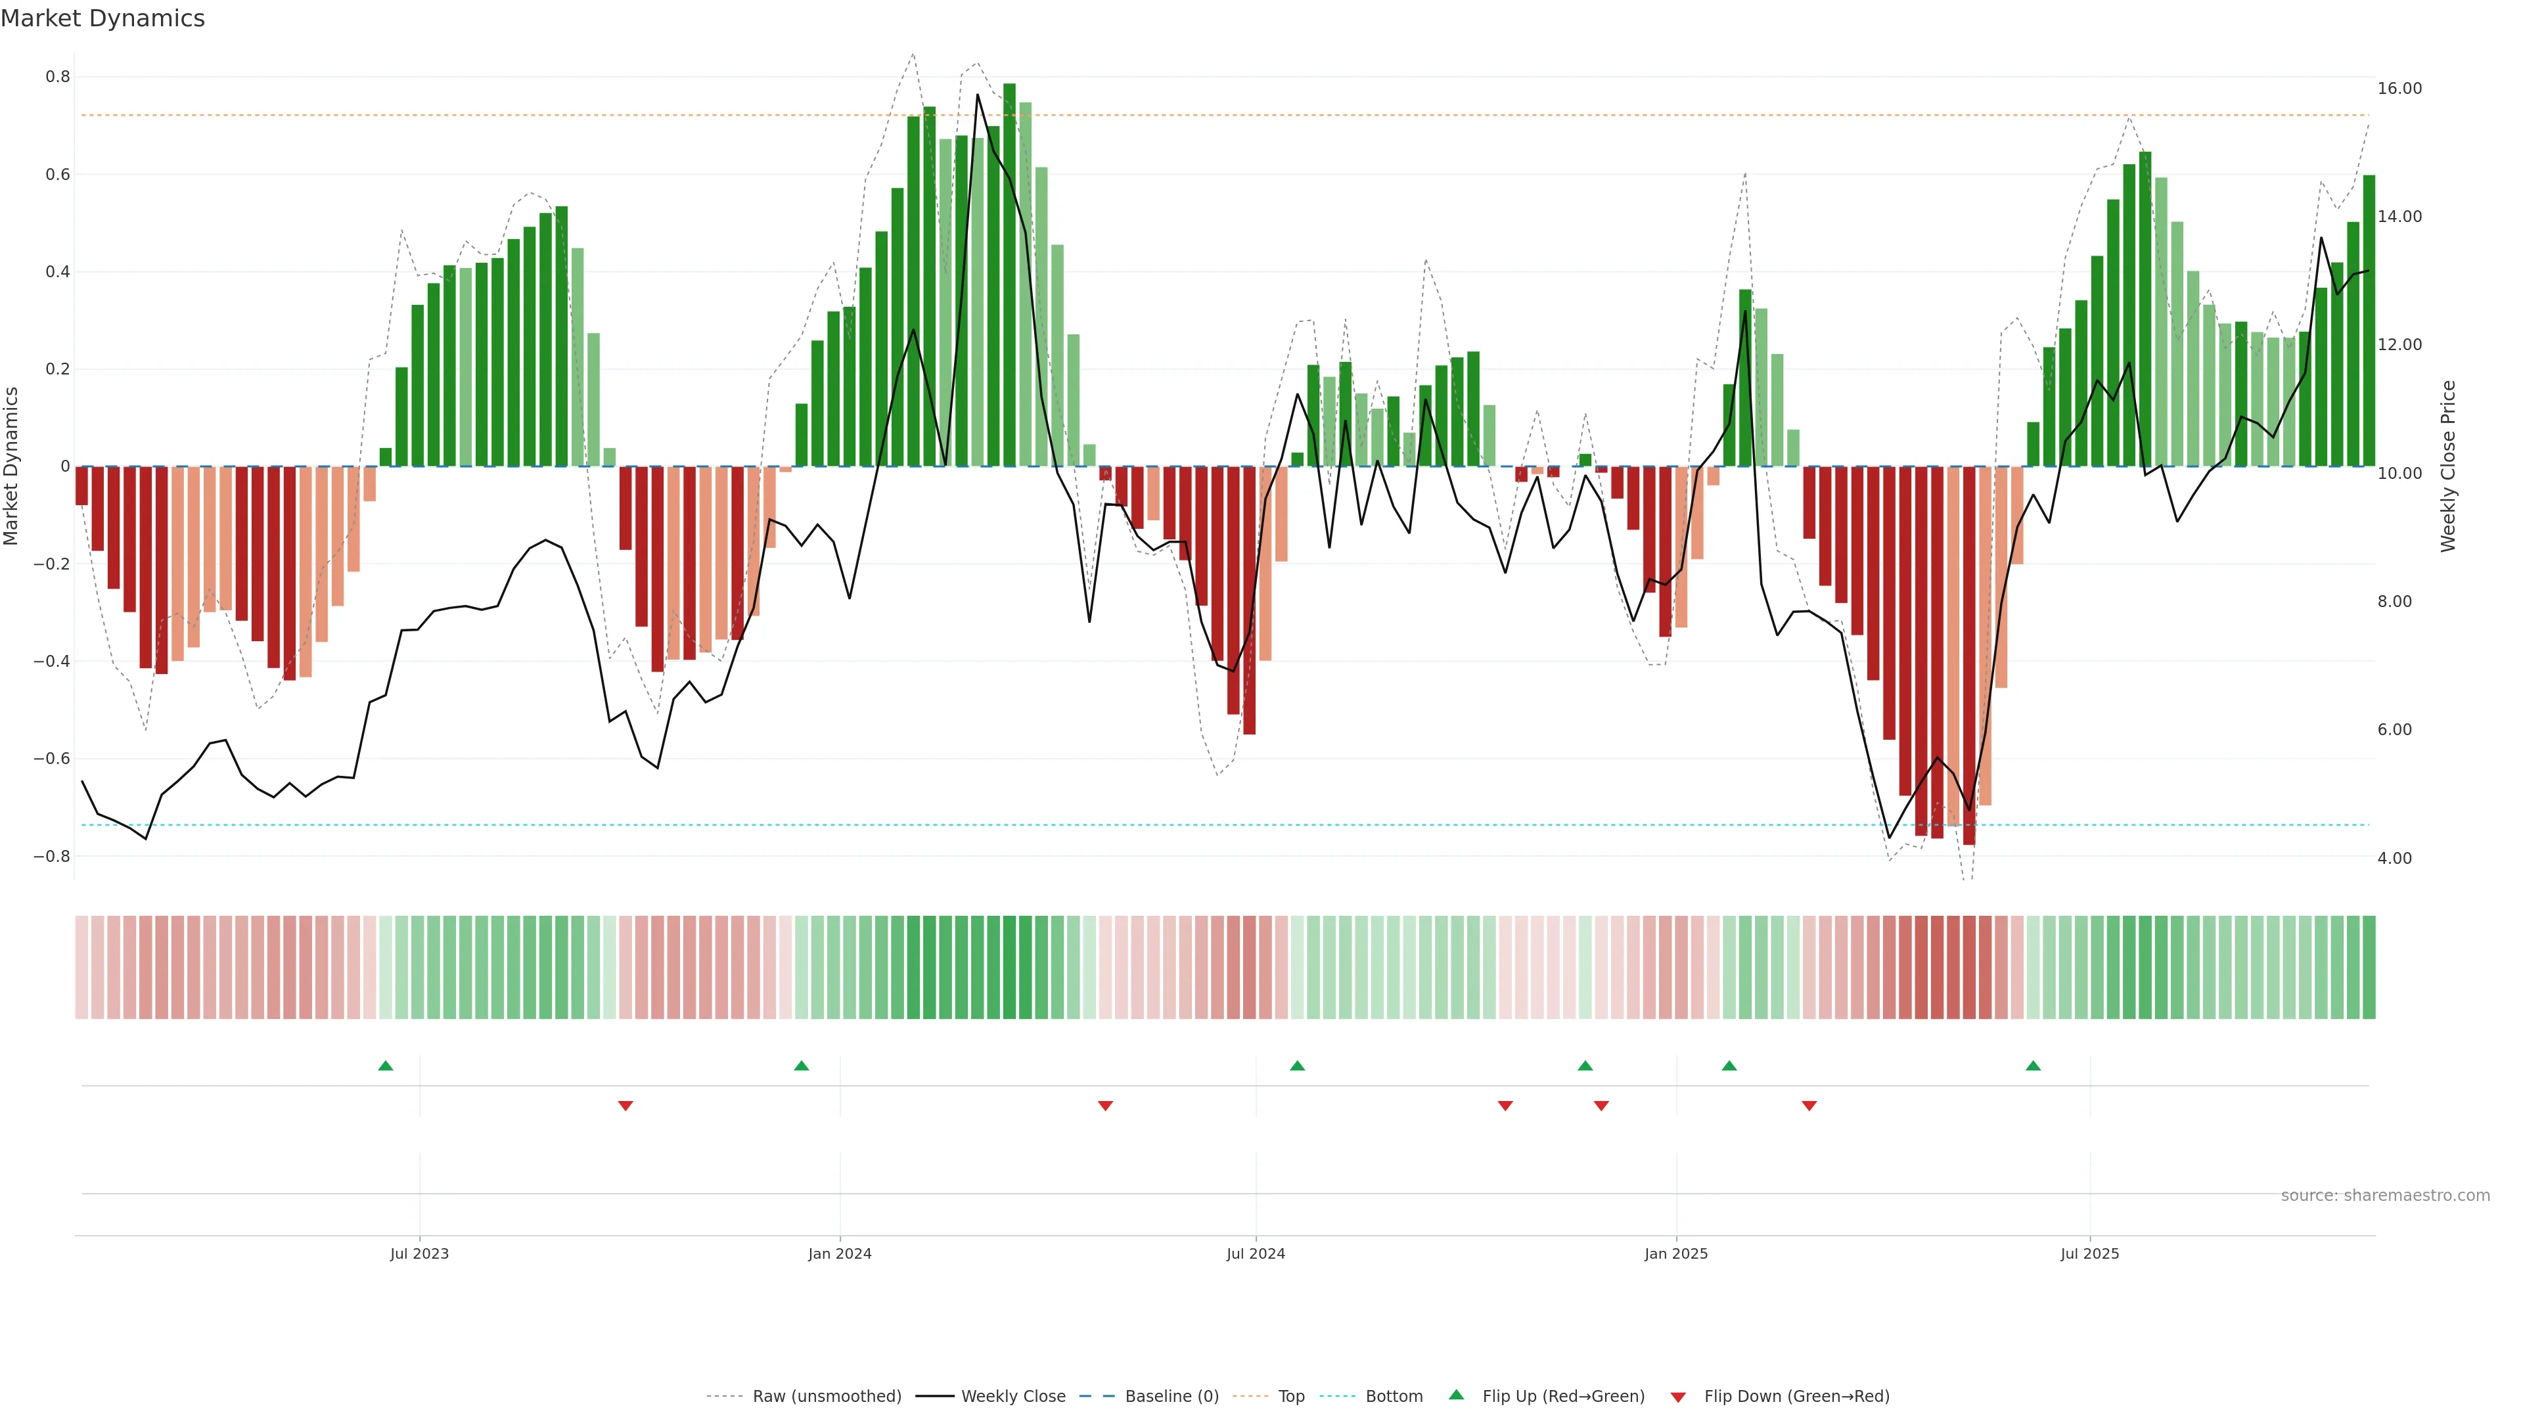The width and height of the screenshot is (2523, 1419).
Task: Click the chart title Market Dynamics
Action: pyautogui.click(x=103, y=18)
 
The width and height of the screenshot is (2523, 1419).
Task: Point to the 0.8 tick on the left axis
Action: pyautogui.click(x=58, y=78)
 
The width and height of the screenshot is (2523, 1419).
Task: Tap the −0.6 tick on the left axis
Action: pyautogui.click(x=52, y=759)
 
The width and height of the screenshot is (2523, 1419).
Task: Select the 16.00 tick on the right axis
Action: pyautogui.click(x=2399, y=88)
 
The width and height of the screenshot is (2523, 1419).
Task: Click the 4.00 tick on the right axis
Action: pyautogui.click(x=2395, y=858)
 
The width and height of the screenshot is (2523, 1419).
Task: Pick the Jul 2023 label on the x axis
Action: pyautogui.click(x=419, y=1253)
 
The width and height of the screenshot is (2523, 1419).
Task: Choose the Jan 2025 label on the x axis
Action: pyautogui.click(x=1676, y=1253)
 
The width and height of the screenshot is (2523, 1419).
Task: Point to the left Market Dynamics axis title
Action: pyautogui.click(x=12, y=466)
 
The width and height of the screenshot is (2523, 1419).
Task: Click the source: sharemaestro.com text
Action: pyautogui.click(x=2385, y=1196)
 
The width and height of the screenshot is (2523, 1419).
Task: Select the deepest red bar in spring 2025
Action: pyautogui.click(x=1968, y=656)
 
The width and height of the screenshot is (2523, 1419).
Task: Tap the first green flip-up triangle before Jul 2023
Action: pyautogui.click(x=386, y=1066)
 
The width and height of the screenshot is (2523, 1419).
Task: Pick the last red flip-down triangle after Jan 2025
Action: pyautogui.click(x=1809, y=1106)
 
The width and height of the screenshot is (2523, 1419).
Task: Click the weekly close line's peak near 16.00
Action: pyautogui.click(x=978, y=95)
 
